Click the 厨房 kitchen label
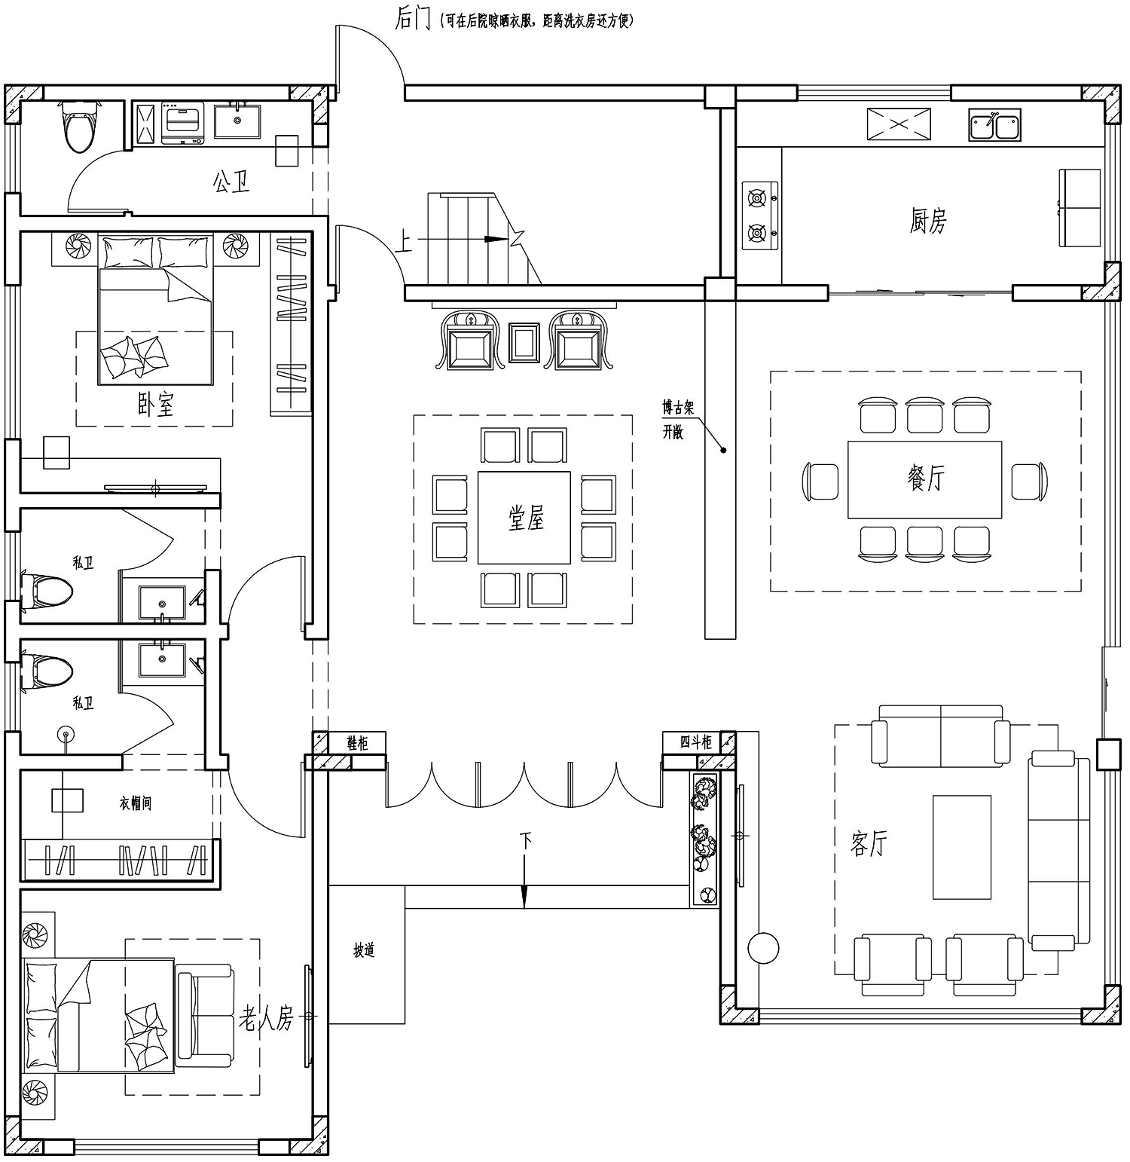[x=927, y=221]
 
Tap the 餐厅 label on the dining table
[x=925, y=478]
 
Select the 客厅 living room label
[x=869, y=843]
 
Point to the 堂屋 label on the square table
[x=525, y=518]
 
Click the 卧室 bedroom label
[x=156, y=405]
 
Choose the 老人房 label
[x=266, y=1020]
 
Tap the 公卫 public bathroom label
[x=231, y=182]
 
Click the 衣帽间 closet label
[x=136, y=803]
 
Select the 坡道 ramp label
[x=365, y=950]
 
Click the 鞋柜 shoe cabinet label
[x=358, y=742]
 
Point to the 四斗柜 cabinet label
[x=696, y=742]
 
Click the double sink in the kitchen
[x=994, y=126]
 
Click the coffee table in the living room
[x=962, y=847]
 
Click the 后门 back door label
[x=412, y=19]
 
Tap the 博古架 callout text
[x=678, y=408]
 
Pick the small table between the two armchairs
[x=525, y=343]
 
